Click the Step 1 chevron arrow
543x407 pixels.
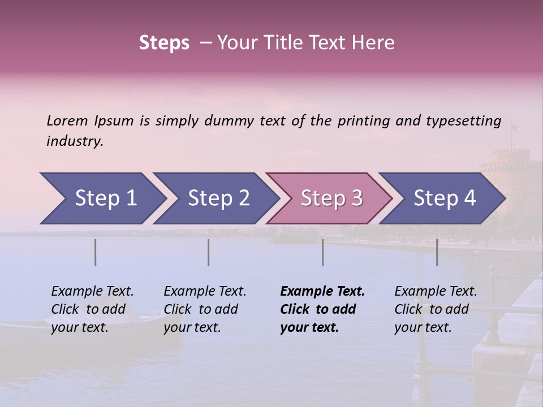click(102, 198)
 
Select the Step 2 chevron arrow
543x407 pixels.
click(215, 198)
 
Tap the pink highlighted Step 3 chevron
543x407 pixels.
click(328, 198)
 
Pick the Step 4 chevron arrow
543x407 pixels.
click(441, 198)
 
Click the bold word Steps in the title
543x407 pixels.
click(164, 43)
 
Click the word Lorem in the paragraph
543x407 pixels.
click(67, 121)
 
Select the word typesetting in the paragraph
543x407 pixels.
click(463, 121)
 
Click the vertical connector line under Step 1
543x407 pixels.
click(96, 252)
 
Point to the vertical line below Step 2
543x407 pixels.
click(209, 252)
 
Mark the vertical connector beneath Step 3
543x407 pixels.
click(323, 252)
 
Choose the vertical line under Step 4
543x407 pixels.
click(437, 252)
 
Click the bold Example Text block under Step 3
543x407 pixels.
click(322, 309)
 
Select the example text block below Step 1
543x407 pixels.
click(92, 309)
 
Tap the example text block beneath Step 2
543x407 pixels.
click(205, 309)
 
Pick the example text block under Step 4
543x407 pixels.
click(436, 309)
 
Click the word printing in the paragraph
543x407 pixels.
click(364, 121)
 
